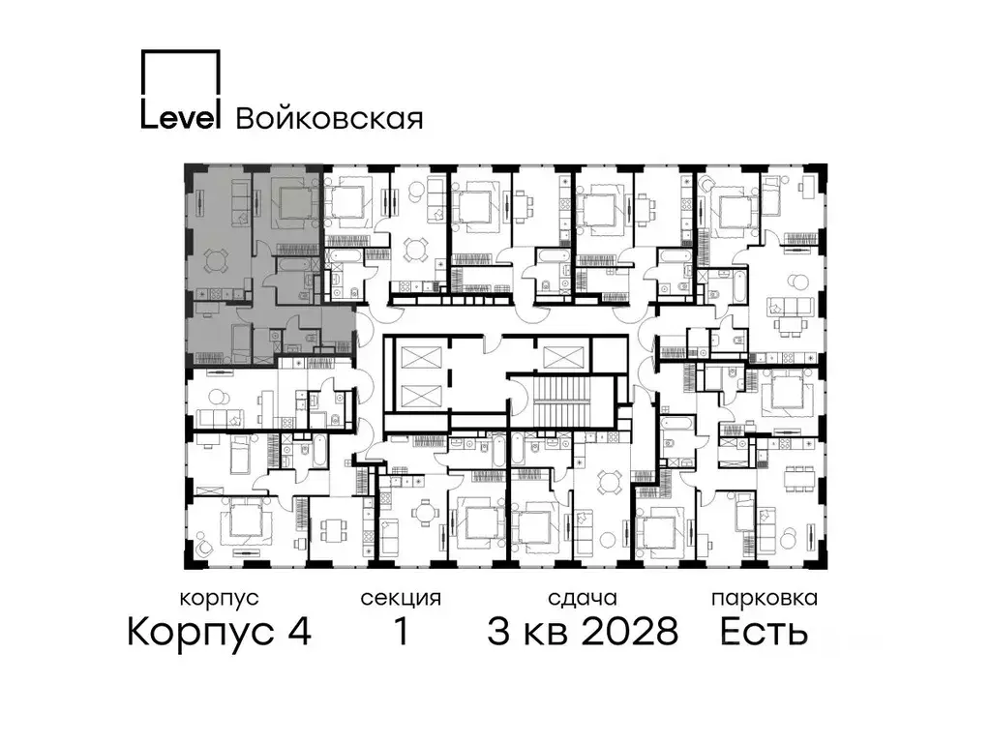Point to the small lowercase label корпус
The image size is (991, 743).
point(219,598)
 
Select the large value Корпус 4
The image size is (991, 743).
point(219,633)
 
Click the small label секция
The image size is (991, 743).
point(401,598)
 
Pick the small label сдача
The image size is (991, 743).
point(582,598)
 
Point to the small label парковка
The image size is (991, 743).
point(764,598)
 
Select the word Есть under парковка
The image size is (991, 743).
point(764,633)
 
